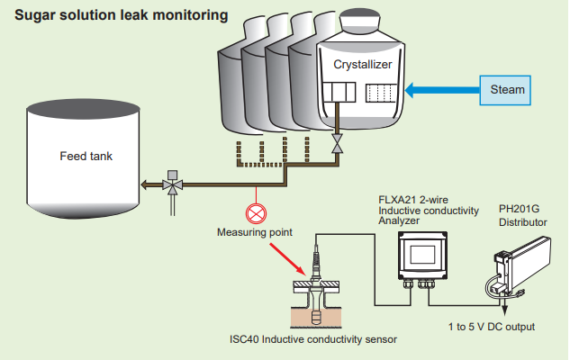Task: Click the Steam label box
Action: click(507, 90)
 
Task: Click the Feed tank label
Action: click(86, 155)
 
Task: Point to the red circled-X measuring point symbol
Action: click(256, 213)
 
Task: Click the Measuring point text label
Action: click(255, 232)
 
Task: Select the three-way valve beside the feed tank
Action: click(171, 184)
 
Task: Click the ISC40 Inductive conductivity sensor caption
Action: click(312, 340)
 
